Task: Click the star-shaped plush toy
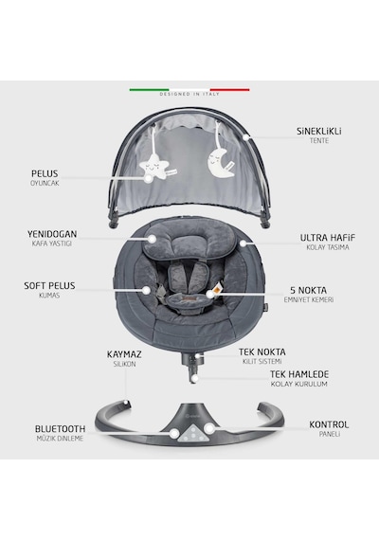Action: pos(154,167)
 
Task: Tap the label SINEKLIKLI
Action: pos(319,132)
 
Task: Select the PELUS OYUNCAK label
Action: pos(45,178)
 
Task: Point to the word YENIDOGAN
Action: pos(52,234)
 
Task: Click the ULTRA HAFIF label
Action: pos(328,238)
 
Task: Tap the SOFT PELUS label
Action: pos(49,285)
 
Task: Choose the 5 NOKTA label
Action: pos(308,290)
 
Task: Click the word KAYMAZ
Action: pos(124,354)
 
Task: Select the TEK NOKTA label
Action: pos(262,352)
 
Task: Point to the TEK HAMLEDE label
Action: pos(299,374)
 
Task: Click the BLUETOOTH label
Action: pos(60,429)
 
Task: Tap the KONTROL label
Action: pos(329,424)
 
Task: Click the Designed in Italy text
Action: pos(189,94)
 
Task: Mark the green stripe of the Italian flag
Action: pos(149,90)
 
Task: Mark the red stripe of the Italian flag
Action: pos(230,90)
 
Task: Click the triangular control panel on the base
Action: pos(192,433)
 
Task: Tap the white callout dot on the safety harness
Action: pos(210,294)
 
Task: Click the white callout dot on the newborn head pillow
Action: pos(152,239)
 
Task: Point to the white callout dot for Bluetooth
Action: pos(174,433)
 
